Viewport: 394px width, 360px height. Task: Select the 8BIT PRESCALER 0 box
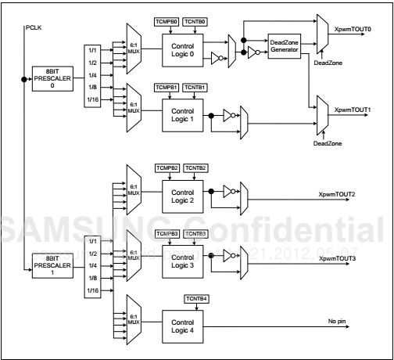pos(50,79)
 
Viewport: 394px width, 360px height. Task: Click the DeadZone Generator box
pos(289,45)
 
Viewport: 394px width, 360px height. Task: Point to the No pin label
pos(338,322)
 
